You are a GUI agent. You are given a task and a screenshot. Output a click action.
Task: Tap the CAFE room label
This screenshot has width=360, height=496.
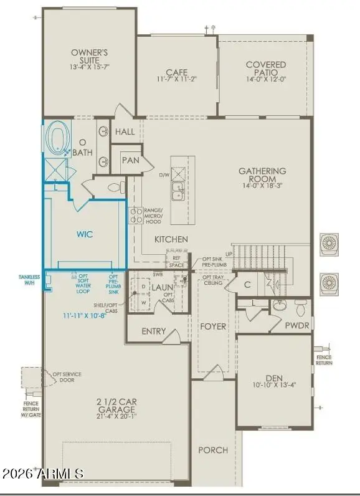coord(177,72)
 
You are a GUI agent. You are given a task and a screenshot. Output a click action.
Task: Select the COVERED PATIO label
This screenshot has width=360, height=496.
coord(266,69)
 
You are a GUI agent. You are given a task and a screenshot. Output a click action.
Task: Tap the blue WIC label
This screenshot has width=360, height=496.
coord(85,235)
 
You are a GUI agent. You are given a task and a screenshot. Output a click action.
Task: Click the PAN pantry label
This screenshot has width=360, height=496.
coord(130,160)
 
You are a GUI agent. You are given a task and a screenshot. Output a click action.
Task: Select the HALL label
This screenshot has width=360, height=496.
coord(125,132)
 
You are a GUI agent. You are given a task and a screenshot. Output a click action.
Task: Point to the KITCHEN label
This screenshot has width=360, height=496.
coord(171,239)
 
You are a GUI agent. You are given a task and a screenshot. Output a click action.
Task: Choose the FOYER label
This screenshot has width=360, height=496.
coord(213,326)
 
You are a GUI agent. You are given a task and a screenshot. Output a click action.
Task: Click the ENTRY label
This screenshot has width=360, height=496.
coord(154,331)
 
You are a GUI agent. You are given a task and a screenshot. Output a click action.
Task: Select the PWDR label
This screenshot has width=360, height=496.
coord(297,325)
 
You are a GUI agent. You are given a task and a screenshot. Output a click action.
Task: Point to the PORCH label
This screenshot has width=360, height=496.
coord(213,450)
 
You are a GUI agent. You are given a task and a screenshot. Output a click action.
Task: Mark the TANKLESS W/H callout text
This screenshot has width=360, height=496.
coord(29,280)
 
